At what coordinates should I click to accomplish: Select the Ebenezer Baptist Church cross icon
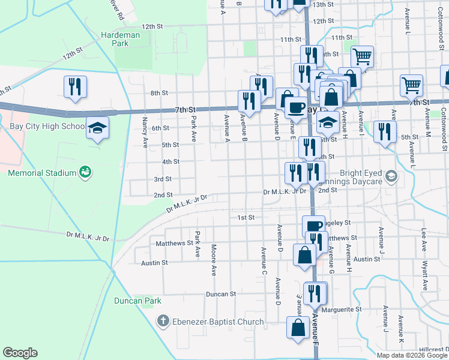pos(162,322)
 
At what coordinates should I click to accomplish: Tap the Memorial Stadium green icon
pos(85,173)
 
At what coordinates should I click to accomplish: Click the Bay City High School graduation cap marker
pos(97,128)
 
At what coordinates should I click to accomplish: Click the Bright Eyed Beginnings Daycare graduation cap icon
pos(391,175)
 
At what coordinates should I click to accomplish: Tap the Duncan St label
pos(221,294)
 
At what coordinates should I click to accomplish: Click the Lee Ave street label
pos(424,238)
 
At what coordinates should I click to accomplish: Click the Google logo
pos(20,353)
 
